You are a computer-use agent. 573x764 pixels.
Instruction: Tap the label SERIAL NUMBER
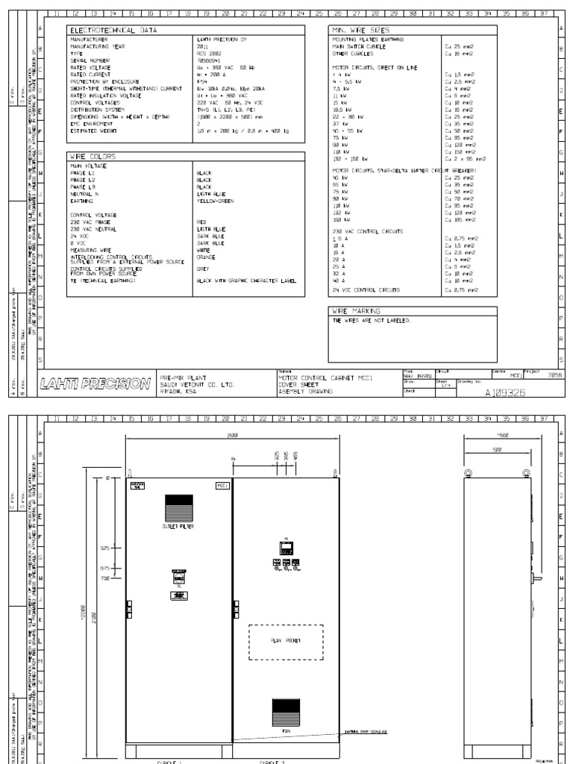coord(88,59)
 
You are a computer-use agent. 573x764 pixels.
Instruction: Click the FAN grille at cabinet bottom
coord(285,707)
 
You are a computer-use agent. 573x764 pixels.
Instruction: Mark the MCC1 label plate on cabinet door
coord(222,486)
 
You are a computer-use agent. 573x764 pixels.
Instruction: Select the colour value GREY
coord(201,267)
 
